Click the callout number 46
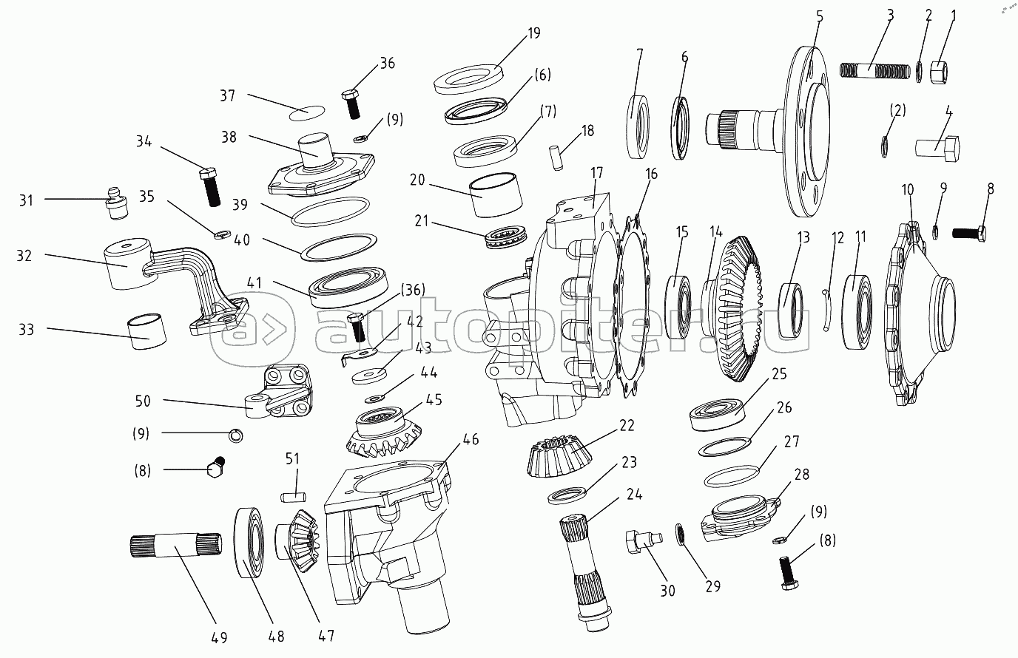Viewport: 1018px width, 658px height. [471, 439]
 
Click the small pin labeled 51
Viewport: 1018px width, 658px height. [294, 492]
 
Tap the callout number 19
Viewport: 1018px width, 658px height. [533, 33]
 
